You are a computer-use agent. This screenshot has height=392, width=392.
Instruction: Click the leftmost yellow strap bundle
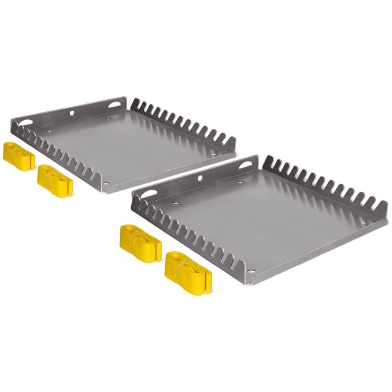(19, 156)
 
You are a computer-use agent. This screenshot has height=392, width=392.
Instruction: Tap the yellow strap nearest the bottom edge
(188, 267)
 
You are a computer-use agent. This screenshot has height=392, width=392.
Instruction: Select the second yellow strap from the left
(55, 181)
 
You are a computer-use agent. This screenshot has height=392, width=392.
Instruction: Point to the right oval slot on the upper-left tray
(115, 105)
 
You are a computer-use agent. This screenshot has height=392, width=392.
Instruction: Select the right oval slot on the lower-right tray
(245, 165)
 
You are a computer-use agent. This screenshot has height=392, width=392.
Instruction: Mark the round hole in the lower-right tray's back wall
(200, 178)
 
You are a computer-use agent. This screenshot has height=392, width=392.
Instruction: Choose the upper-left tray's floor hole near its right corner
(213, 154)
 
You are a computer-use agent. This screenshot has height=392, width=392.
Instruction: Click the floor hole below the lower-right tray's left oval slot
(176, 203)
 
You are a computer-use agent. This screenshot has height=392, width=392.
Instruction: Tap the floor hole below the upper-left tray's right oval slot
(108, 118)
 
